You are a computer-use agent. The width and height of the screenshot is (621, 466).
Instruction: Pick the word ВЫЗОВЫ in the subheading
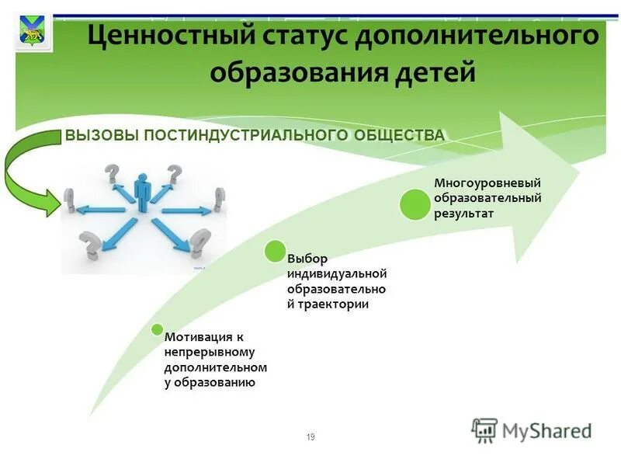[99, 135]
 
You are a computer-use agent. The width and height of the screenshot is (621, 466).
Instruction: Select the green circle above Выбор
[275, 251]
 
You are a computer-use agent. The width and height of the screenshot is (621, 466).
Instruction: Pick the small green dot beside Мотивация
[157, 329]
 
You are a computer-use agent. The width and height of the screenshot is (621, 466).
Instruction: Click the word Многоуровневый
[487, 183]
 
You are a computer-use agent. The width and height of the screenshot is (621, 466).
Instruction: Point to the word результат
[463, 213]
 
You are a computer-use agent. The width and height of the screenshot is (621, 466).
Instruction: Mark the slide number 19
[310, 437]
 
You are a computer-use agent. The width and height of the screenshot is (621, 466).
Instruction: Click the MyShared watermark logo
[532, 430]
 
